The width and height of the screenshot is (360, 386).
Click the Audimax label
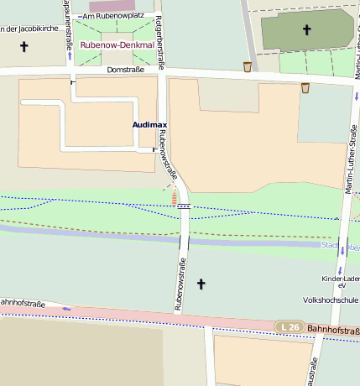tap(149, 124)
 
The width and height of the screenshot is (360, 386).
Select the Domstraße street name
tap(127, 70)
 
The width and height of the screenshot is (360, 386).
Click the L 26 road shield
tap(289, 326)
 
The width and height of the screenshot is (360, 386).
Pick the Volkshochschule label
tap(331, 300)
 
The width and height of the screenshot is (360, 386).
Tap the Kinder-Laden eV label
tap(340, 282)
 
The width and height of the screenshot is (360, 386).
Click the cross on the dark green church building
tap(306, 31)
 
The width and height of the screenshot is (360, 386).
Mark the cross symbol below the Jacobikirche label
tap(23, 48)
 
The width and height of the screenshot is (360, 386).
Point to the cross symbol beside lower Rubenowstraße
tap(201, 285)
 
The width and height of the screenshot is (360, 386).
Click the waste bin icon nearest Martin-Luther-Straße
tap(305, 87)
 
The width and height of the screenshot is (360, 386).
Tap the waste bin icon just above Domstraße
tap(247, 66)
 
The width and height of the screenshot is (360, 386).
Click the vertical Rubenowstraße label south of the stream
tap(179, 284)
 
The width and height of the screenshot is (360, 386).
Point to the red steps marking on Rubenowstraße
tap(175, 198)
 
